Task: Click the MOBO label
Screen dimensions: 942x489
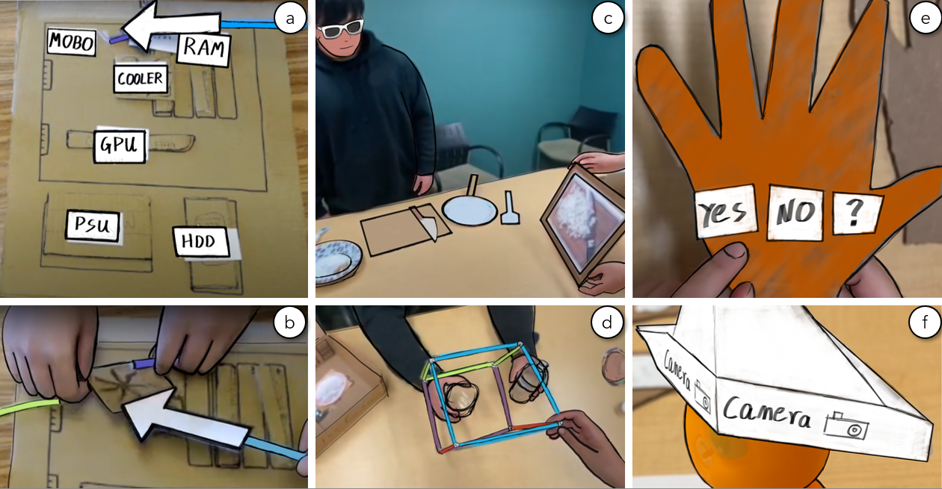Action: (72, 42)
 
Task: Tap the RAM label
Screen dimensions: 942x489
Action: (204, 49)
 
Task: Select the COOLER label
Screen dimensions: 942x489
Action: (141, 78)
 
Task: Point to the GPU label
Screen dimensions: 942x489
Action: (120, 146)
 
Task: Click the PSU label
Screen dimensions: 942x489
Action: (93, 225)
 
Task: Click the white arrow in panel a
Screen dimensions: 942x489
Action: (171, 26)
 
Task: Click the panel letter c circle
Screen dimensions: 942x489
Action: (608, 18)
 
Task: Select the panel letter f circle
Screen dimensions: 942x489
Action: (925, 322)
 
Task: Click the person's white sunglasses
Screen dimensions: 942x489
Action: (341, 28)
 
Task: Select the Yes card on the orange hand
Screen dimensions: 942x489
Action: (724, 212)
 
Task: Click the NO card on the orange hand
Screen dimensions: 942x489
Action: (795, 212)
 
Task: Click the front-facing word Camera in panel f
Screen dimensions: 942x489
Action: (766, 413)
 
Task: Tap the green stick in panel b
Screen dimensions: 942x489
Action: (29, 407)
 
